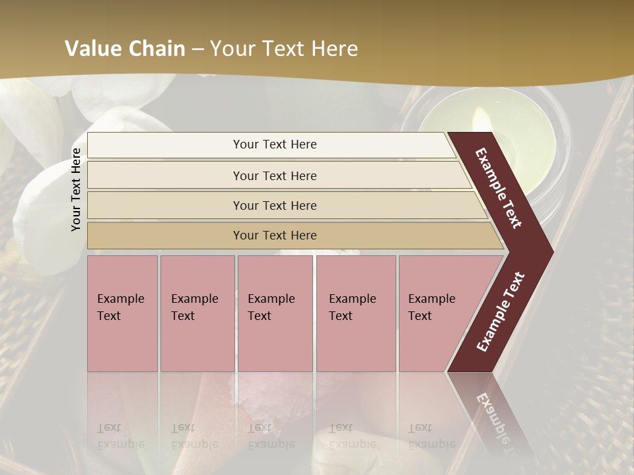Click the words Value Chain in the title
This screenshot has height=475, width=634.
[x=125, y=49]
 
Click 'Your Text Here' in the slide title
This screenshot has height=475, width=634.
[x=284, y=49]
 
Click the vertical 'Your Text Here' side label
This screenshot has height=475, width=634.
[x=76, y=189]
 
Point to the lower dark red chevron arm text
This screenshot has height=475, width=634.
[x=501, y=311]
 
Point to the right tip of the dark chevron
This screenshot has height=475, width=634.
[x=550, y=251]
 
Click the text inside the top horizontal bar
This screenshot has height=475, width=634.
[x=275, y=144]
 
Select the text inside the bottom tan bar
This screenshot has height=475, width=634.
[x=275, y=236]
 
